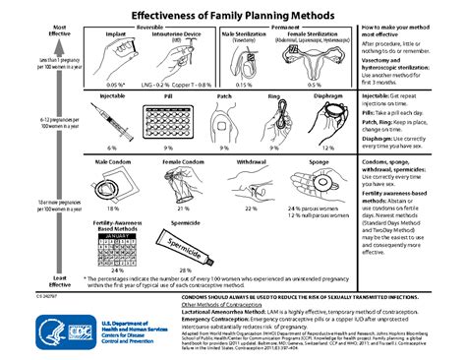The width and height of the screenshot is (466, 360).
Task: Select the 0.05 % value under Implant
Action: click(x=114, y=85)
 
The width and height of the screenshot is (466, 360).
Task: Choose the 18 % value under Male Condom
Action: click(x=113, y=210)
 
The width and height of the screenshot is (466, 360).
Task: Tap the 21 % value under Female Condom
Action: click(x=182, y=210)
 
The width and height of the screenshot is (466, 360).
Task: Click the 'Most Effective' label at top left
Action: click(x=32, y=30)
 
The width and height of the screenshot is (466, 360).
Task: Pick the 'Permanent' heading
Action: click(x=285, y=27)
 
